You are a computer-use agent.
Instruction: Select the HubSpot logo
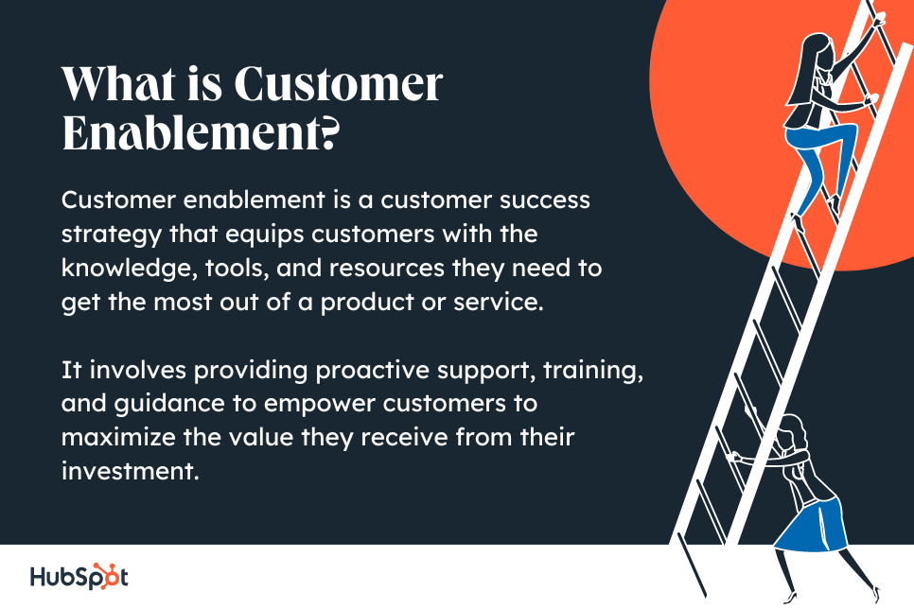click(79, 577)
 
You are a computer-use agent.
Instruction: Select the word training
click(593, 372)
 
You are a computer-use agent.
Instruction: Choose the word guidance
click(169, 405)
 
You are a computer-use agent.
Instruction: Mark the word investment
click(131, 472)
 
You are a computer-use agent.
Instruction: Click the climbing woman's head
click(817, 48)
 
